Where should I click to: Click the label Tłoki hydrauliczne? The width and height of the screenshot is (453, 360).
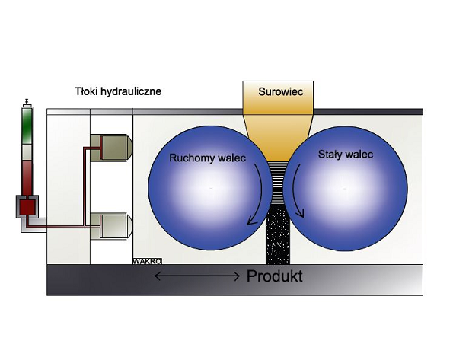(x=118, y=91)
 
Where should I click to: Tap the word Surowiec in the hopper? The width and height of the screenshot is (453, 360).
(x=280, y=92)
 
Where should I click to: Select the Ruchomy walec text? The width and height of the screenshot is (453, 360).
(x=207, y=158)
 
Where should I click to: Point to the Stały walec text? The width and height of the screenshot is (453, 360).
(x=346, y=155)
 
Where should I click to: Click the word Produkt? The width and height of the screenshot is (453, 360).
(x=274, y=276)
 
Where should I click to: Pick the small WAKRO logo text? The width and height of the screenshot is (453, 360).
(x=147, y=261)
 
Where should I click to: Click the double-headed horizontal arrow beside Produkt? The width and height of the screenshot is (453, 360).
(x=197, y=276)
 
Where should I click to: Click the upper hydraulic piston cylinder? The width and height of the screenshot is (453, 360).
(x=111, y=148)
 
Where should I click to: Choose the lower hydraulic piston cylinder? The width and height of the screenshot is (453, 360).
(x=111, y=226)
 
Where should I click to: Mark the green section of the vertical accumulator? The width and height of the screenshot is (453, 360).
(x=27, y=126)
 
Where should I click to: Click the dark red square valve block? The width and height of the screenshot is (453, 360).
(x=27, y=207)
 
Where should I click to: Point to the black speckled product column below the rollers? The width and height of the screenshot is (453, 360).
(x=278, y=234)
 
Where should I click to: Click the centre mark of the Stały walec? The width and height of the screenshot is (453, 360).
(x=345, y=189)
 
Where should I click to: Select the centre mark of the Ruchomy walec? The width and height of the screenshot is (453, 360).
(x=211, y=188)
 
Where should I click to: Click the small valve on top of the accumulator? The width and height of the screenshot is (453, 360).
(x=27, y=102)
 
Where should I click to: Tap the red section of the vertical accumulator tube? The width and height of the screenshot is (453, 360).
(x=27, y=177)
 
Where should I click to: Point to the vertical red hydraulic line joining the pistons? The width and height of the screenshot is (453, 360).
(x=84, y=186)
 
